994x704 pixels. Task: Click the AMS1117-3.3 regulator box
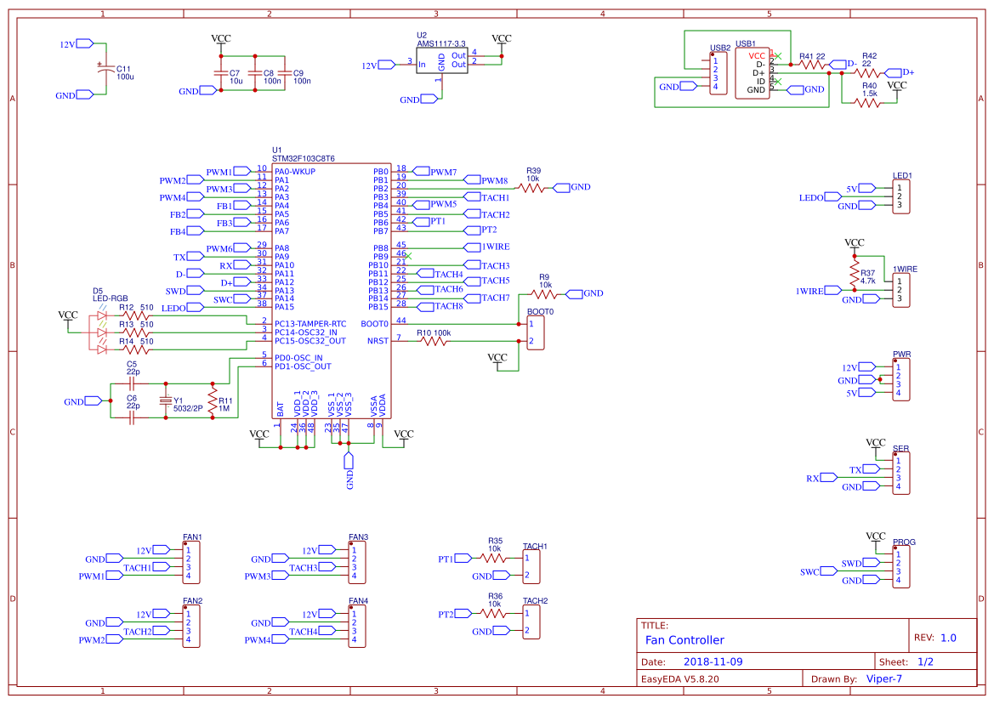pos(441,60)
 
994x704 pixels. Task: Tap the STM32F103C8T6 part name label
pos(304,158)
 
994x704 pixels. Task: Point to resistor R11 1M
pos(213,400)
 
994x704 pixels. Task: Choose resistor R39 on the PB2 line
pos(532,188)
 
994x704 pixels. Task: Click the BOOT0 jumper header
pos(536,332)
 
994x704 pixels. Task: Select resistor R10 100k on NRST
pos(434,341)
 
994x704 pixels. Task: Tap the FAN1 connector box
pos(191,563)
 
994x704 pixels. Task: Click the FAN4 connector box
pos(357,626)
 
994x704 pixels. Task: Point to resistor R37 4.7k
pos(855,273)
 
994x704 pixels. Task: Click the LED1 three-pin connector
pos(901,197)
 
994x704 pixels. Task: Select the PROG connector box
pos(902,566)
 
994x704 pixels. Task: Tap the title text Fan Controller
pos(684,640)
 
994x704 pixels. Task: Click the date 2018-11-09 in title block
pos(713,661)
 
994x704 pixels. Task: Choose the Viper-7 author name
pos(883,678)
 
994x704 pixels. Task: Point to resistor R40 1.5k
pos(866,102)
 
